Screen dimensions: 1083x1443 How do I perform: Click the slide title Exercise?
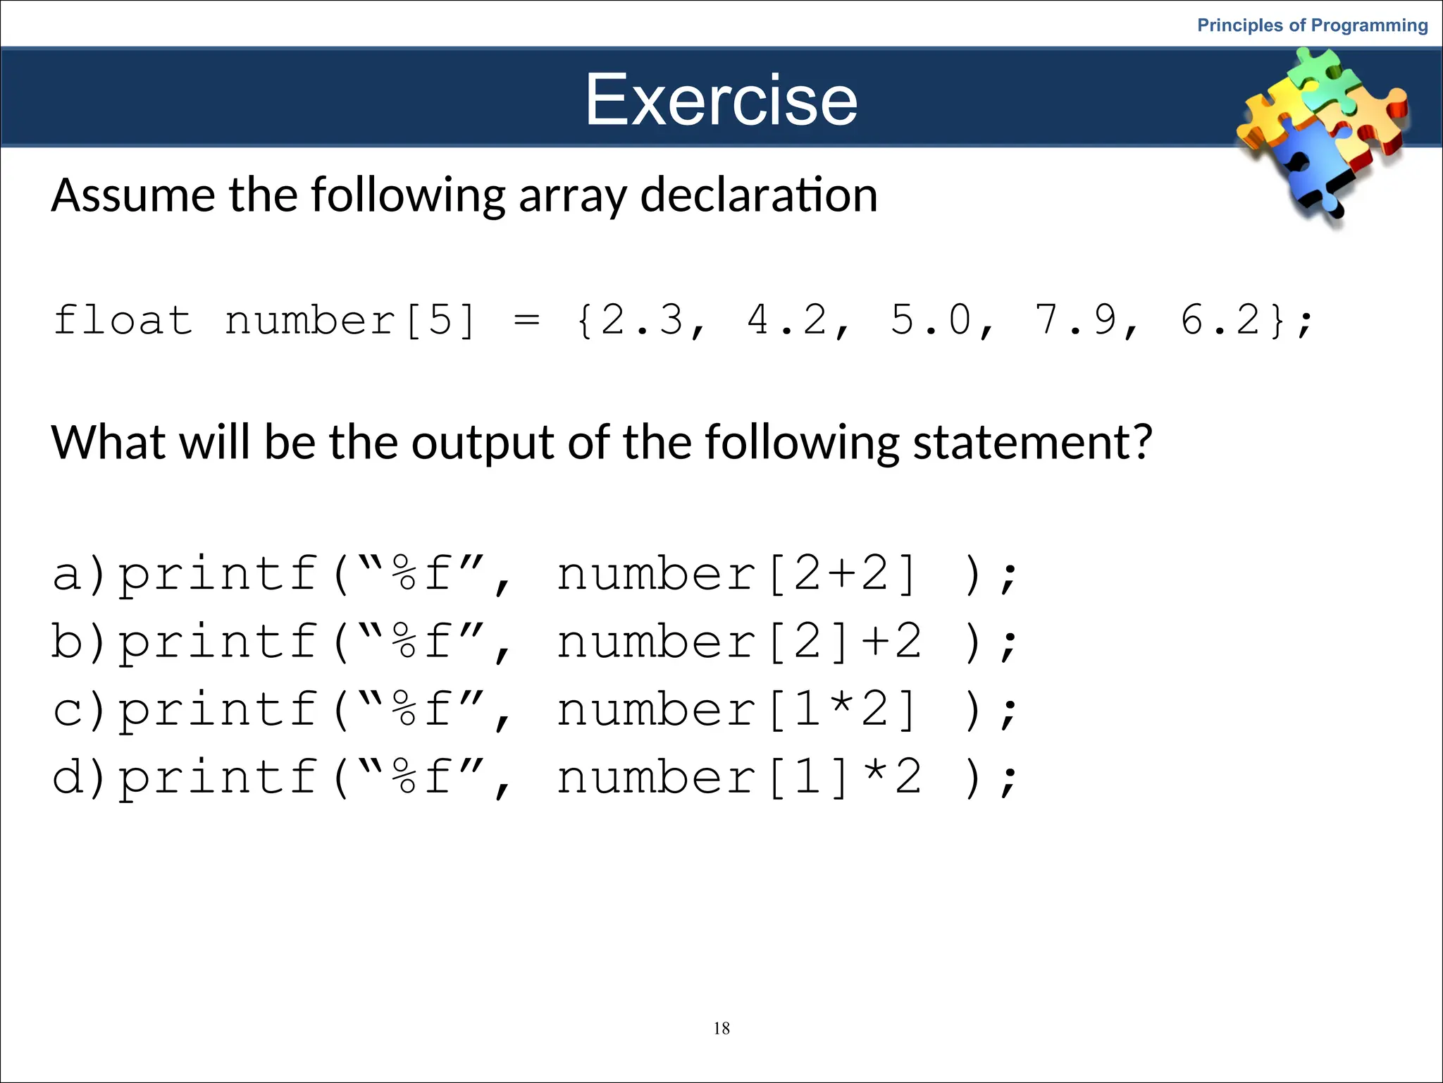(x=721, y=99)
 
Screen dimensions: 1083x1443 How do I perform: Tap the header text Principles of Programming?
(x=1312, y=25)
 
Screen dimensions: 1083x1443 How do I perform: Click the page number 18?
(x=721, y=1028)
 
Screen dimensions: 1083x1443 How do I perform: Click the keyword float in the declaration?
(x=123, y=321)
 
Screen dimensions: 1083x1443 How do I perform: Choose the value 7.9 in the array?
(x=1075, y=321)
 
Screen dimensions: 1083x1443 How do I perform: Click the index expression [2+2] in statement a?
(x=843, y=575)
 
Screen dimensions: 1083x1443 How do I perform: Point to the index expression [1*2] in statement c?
(x=843, y=710)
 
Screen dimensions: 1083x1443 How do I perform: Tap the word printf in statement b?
(x=217, y=642)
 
